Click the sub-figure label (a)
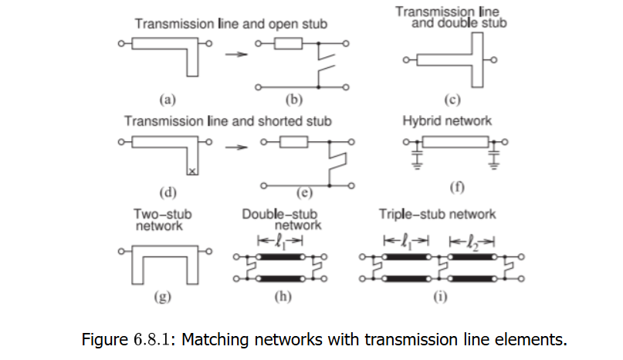click(168, 100)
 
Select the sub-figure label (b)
click(294, 100)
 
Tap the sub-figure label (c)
click(452, 100)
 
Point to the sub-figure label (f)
click(457, 187)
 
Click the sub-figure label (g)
click(162, 297)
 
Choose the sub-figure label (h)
click(283, 297)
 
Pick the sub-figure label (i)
click(440, 297)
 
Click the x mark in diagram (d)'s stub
click(192, 172)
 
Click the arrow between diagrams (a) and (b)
click(236, 54)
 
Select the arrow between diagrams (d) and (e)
click(236, 148)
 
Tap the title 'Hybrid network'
click(447, 121)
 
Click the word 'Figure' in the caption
click(105, 340)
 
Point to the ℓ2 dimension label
click(472, 242)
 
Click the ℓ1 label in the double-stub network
click(281, 241)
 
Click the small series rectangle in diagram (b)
click(289, 43)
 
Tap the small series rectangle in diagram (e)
click(293, 142)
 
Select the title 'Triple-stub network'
click(437, 215)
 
